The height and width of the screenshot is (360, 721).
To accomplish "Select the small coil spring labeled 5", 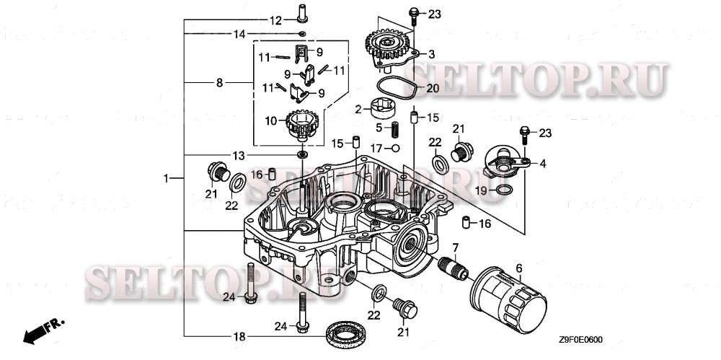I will click(394, 131).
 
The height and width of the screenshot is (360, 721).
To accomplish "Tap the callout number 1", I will click(167, 177).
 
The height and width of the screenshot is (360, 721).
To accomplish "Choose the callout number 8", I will click(219, 83).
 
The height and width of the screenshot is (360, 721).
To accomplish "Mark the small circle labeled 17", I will click(395, 148).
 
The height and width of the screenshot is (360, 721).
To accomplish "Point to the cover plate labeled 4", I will click(505, 160).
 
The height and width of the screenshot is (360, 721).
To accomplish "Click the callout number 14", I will click(239, 34).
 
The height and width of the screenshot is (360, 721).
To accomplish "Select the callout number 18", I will click(239, 337).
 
